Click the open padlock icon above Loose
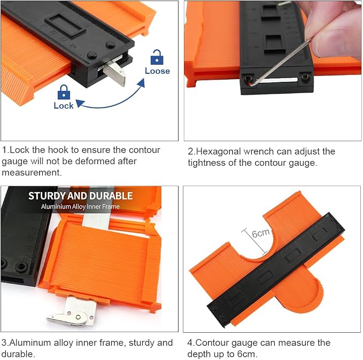click(x=157, y=57)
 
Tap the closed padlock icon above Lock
click(x=64, y=92)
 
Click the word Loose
click(x=157, y=71)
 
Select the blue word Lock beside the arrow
click(x=64, y=105)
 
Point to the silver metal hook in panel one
click(x=115, y=73)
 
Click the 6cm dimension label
click(x=261, y=233)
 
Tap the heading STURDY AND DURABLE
click(x=80, y=196)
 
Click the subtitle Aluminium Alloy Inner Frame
click(x=80, y=206)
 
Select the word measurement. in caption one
click(x=32, y=173)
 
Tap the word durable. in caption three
click(x=18, y=354)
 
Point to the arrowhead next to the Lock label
click(x=80, y=103)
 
